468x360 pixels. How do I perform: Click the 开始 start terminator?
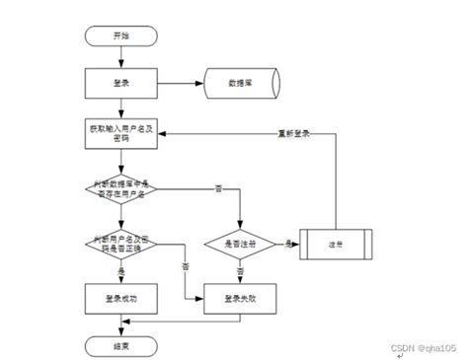(120, 36)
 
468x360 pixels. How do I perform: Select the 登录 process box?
(120, 83)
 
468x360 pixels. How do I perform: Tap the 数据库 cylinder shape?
(241, 83)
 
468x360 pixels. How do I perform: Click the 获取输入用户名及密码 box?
(120, 133)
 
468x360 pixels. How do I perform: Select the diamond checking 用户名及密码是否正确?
(120, 243)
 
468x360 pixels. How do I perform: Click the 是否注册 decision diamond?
(240, 243)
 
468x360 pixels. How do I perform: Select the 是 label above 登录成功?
(121, 268)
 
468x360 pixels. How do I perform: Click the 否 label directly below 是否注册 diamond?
(241, 269)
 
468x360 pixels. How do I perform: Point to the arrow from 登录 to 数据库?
(178, 83)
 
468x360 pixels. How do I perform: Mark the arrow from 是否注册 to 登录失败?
(240, 274)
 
